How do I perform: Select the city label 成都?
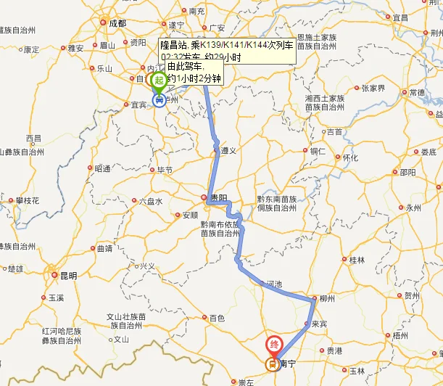click(x=117, y=23)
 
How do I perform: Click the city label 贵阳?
click(x=218, y=197)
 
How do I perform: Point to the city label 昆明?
click(x=68, y=275)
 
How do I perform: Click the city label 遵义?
click(x=229, y=151)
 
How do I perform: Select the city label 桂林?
click(x=357, y=259)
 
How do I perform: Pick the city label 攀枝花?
click(x=27, y=200)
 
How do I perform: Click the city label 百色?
click(x=217, y=318)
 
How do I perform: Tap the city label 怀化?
click(x=350, y=157)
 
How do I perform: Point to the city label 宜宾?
click(x=138, y=104)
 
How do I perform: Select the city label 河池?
click(x=275, y=284)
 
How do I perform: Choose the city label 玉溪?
click(x=56, y=297)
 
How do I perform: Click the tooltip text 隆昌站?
click(x=174, y=45)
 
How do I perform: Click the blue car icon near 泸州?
click(x=158, y=99)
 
